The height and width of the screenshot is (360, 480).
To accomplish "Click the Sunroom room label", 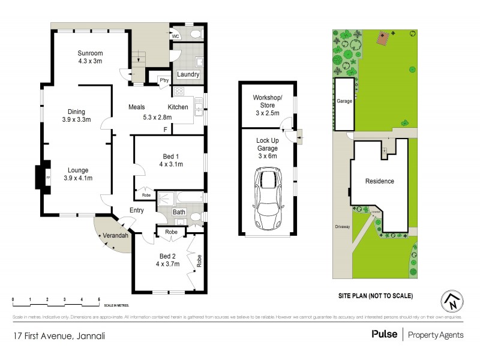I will [x=90, y=52].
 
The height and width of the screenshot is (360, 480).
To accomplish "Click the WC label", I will [x=176, y=37].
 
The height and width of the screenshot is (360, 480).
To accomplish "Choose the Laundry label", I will [x=188, y=74].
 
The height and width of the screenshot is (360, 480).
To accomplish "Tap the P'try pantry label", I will [x=163, y=80].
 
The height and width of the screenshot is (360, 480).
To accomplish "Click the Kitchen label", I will [x=178, y=107].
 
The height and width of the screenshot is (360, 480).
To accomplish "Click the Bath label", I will [x=179, y=212].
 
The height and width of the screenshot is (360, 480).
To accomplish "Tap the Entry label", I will [x=137, y=210].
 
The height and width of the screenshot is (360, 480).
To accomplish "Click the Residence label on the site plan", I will [x=380, y=181].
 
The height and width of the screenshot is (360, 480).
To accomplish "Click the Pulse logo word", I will [x=384, y=334].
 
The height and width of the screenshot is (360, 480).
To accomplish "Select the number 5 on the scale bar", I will [x=99, y=299].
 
